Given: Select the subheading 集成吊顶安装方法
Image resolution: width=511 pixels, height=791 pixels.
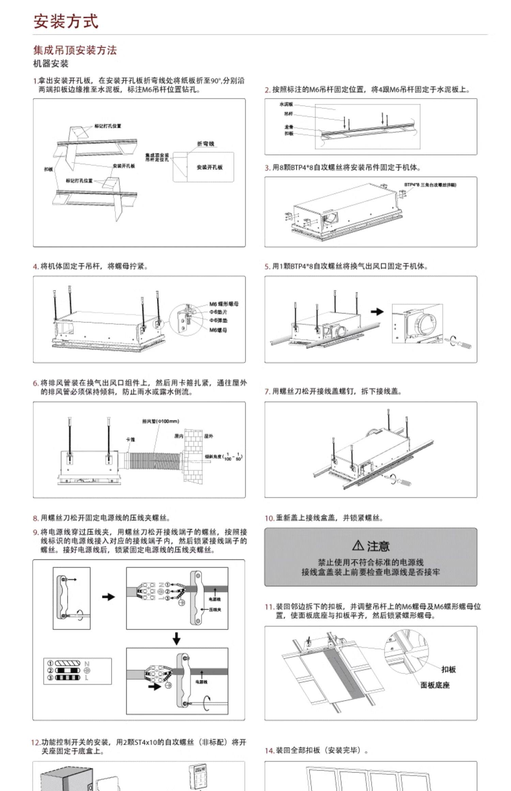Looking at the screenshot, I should click(75, 50).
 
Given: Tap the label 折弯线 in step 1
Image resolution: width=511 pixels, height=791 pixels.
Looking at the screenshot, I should click(205, 144).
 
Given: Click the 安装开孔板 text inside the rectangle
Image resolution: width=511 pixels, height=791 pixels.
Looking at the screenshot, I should click(210, 167).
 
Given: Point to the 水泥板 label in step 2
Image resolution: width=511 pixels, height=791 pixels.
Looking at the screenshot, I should click(286, 104).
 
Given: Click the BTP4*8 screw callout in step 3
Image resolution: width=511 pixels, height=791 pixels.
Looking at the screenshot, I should click(430, 185).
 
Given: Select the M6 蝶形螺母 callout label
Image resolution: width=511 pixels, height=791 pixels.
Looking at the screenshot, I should click(224, 304).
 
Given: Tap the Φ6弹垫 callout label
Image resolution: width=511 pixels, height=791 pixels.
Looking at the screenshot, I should click(218, 320).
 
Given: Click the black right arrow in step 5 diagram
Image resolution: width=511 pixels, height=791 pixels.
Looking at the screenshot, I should click(377, 311).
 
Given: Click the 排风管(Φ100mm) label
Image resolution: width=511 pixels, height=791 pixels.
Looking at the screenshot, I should click(160, 421).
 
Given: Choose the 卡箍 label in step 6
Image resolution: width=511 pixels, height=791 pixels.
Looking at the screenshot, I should click(130, 439).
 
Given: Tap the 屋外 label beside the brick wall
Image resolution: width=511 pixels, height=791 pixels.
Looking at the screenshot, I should click(209, 436).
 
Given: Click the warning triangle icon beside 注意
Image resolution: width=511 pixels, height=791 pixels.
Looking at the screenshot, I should click(358, 545).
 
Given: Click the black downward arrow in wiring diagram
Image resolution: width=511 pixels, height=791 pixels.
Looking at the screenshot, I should click(176, 638).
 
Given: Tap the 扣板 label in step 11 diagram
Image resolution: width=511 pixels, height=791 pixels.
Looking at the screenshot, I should click(448, 669).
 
